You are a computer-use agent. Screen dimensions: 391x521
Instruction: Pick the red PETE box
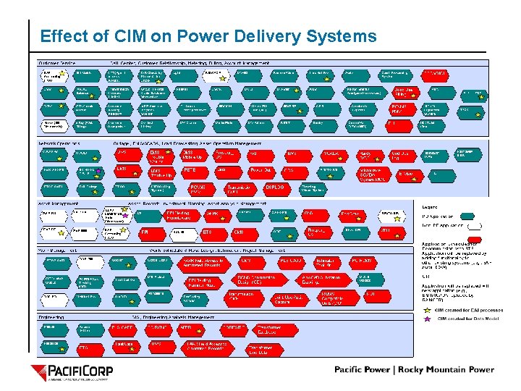tap(191, 171)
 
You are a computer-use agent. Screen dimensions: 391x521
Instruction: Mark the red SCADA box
tap(332, 155)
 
